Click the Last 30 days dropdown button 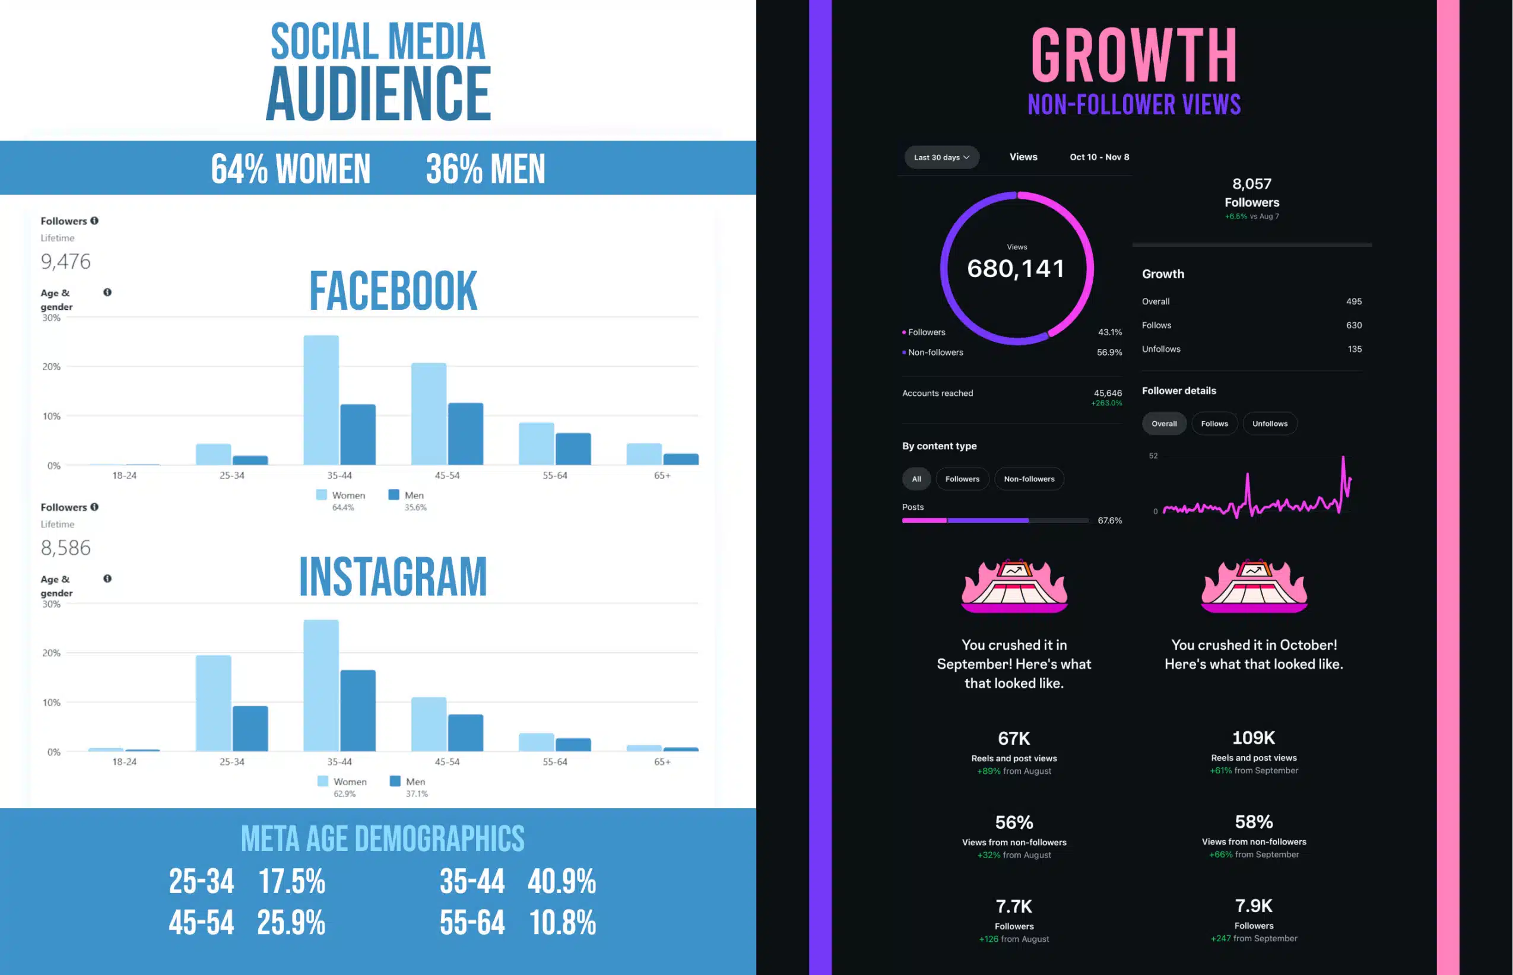click(941, 157)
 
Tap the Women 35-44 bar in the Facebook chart click(321, 400)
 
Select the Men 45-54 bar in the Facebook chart click(465, 434)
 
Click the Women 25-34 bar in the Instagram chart click(214, 703)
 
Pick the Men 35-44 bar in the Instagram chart click(358, 710)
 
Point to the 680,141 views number click(1016, 268)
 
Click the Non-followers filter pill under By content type click(1029, 479)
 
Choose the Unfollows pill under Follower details click(1269, 424)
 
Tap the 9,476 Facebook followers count click(66, 262)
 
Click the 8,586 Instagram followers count click(66, 548)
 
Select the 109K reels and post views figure click(1254, 738)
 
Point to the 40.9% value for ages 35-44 click(562, 881)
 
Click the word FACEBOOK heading click(394, 291)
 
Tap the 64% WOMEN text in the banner click(291, 169)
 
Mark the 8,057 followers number click(1251, 183)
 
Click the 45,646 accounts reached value click(1107, 393)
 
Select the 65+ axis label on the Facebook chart click(662, 475)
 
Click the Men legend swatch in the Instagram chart click(395, 782)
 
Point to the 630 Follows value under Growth click(1353, 325)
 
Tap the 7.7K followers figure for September click(1013, 906)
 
